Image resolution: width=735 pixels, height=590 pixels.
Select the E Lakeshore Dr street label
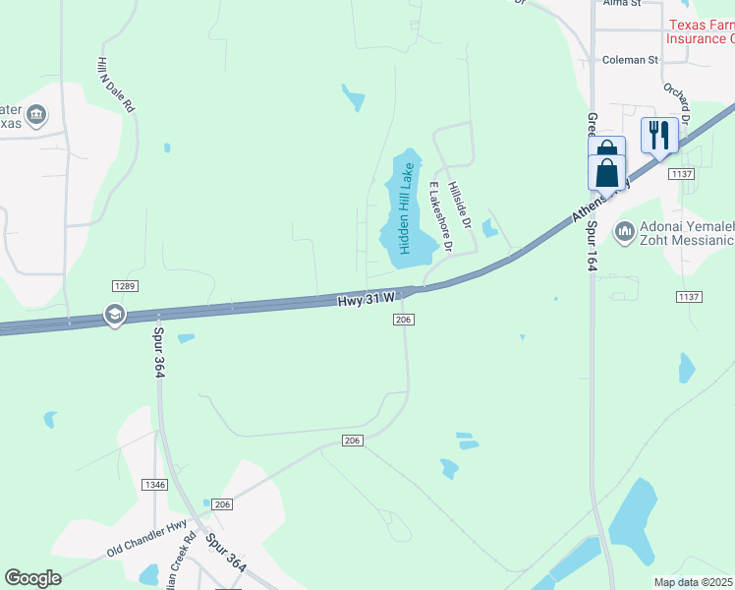[438, 217]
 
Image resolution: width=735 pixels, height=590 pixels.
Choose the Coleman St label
[630, 60]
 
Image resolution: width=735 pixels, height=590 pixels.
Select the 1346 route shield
[154, 485]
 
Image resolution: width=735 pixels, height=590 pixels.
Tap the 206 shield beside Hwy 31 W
[403, 320]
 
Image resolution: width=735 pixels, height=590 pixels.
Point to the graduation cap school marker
[114, 315]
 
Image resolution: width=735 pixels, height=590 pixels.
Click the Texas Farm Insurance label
[701, 31]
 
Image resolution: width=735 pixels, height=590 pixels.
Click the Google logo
[33, 578]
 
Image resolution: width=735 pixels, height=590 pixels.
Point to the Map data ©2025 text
[694, 582]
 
